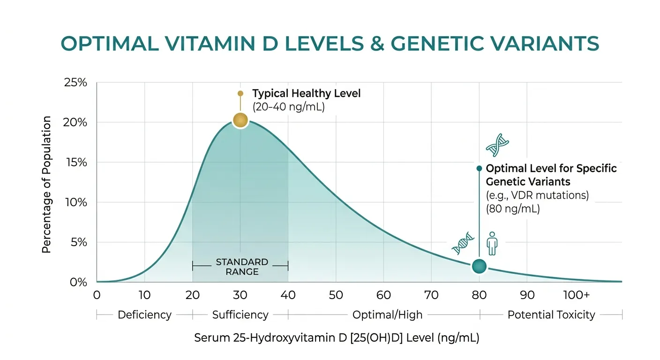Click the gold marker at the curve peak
coord(240,120)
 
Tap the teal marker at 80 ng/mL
coord(479,266)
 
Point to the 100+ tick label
coord(576,295)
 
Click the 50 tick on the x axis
coord(336,295)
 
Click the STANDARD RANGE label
coord(241,266)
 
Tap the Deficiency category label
coord(144,315)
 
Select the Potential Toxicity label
coord(551,315)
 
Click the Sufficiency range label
coord(240,315)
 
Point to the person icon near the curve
coord(492,243)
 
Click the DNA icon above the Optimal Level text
coord(497,145)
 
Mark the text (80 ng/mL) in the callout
coord(513,209)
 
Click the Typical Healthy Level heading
coord(307,93)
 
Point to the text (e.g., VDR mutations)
coord(537,195)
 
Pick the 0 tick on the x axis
coord(97,295)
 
